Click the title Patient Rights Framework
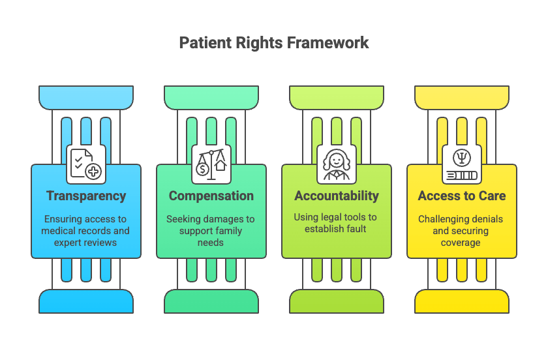274,43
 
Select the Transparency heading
86,196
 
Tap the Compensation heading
211,196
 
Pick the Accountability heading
337,196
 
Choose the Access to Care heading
462,196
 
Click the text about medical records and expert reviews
86,231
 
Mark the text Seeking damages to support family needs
211,231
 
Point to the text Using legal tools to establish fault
337,223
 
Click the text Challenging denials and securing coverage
462,231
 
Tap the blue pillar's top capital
86,97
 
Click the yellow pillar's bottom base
462,301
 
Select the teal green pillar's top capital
211,97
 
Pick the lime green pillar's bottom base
337,301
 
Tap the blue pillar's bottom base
86,301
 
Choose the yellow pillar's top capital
462,97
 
